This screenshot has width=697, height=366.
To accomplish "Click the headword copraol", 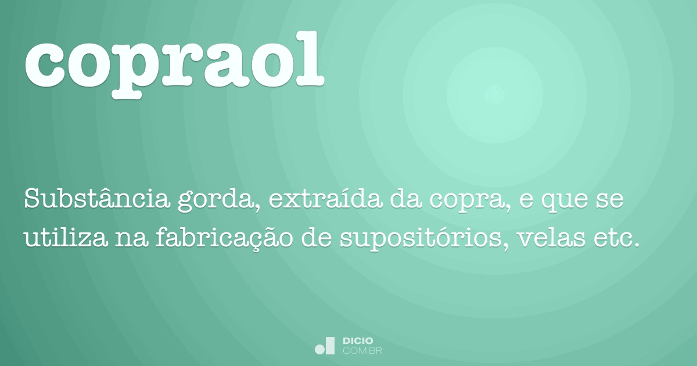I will (174, 58).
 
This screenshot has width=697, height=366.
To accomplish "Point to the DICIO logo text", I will (358, 341).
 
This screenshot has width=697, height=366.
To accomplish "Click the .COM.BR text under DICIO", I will (362, 351).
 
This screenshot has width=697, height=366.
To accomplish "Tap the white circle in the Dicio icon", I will (319, 349).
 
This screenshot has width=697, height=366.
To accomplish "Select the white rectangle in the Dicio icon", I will (330, 346).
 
